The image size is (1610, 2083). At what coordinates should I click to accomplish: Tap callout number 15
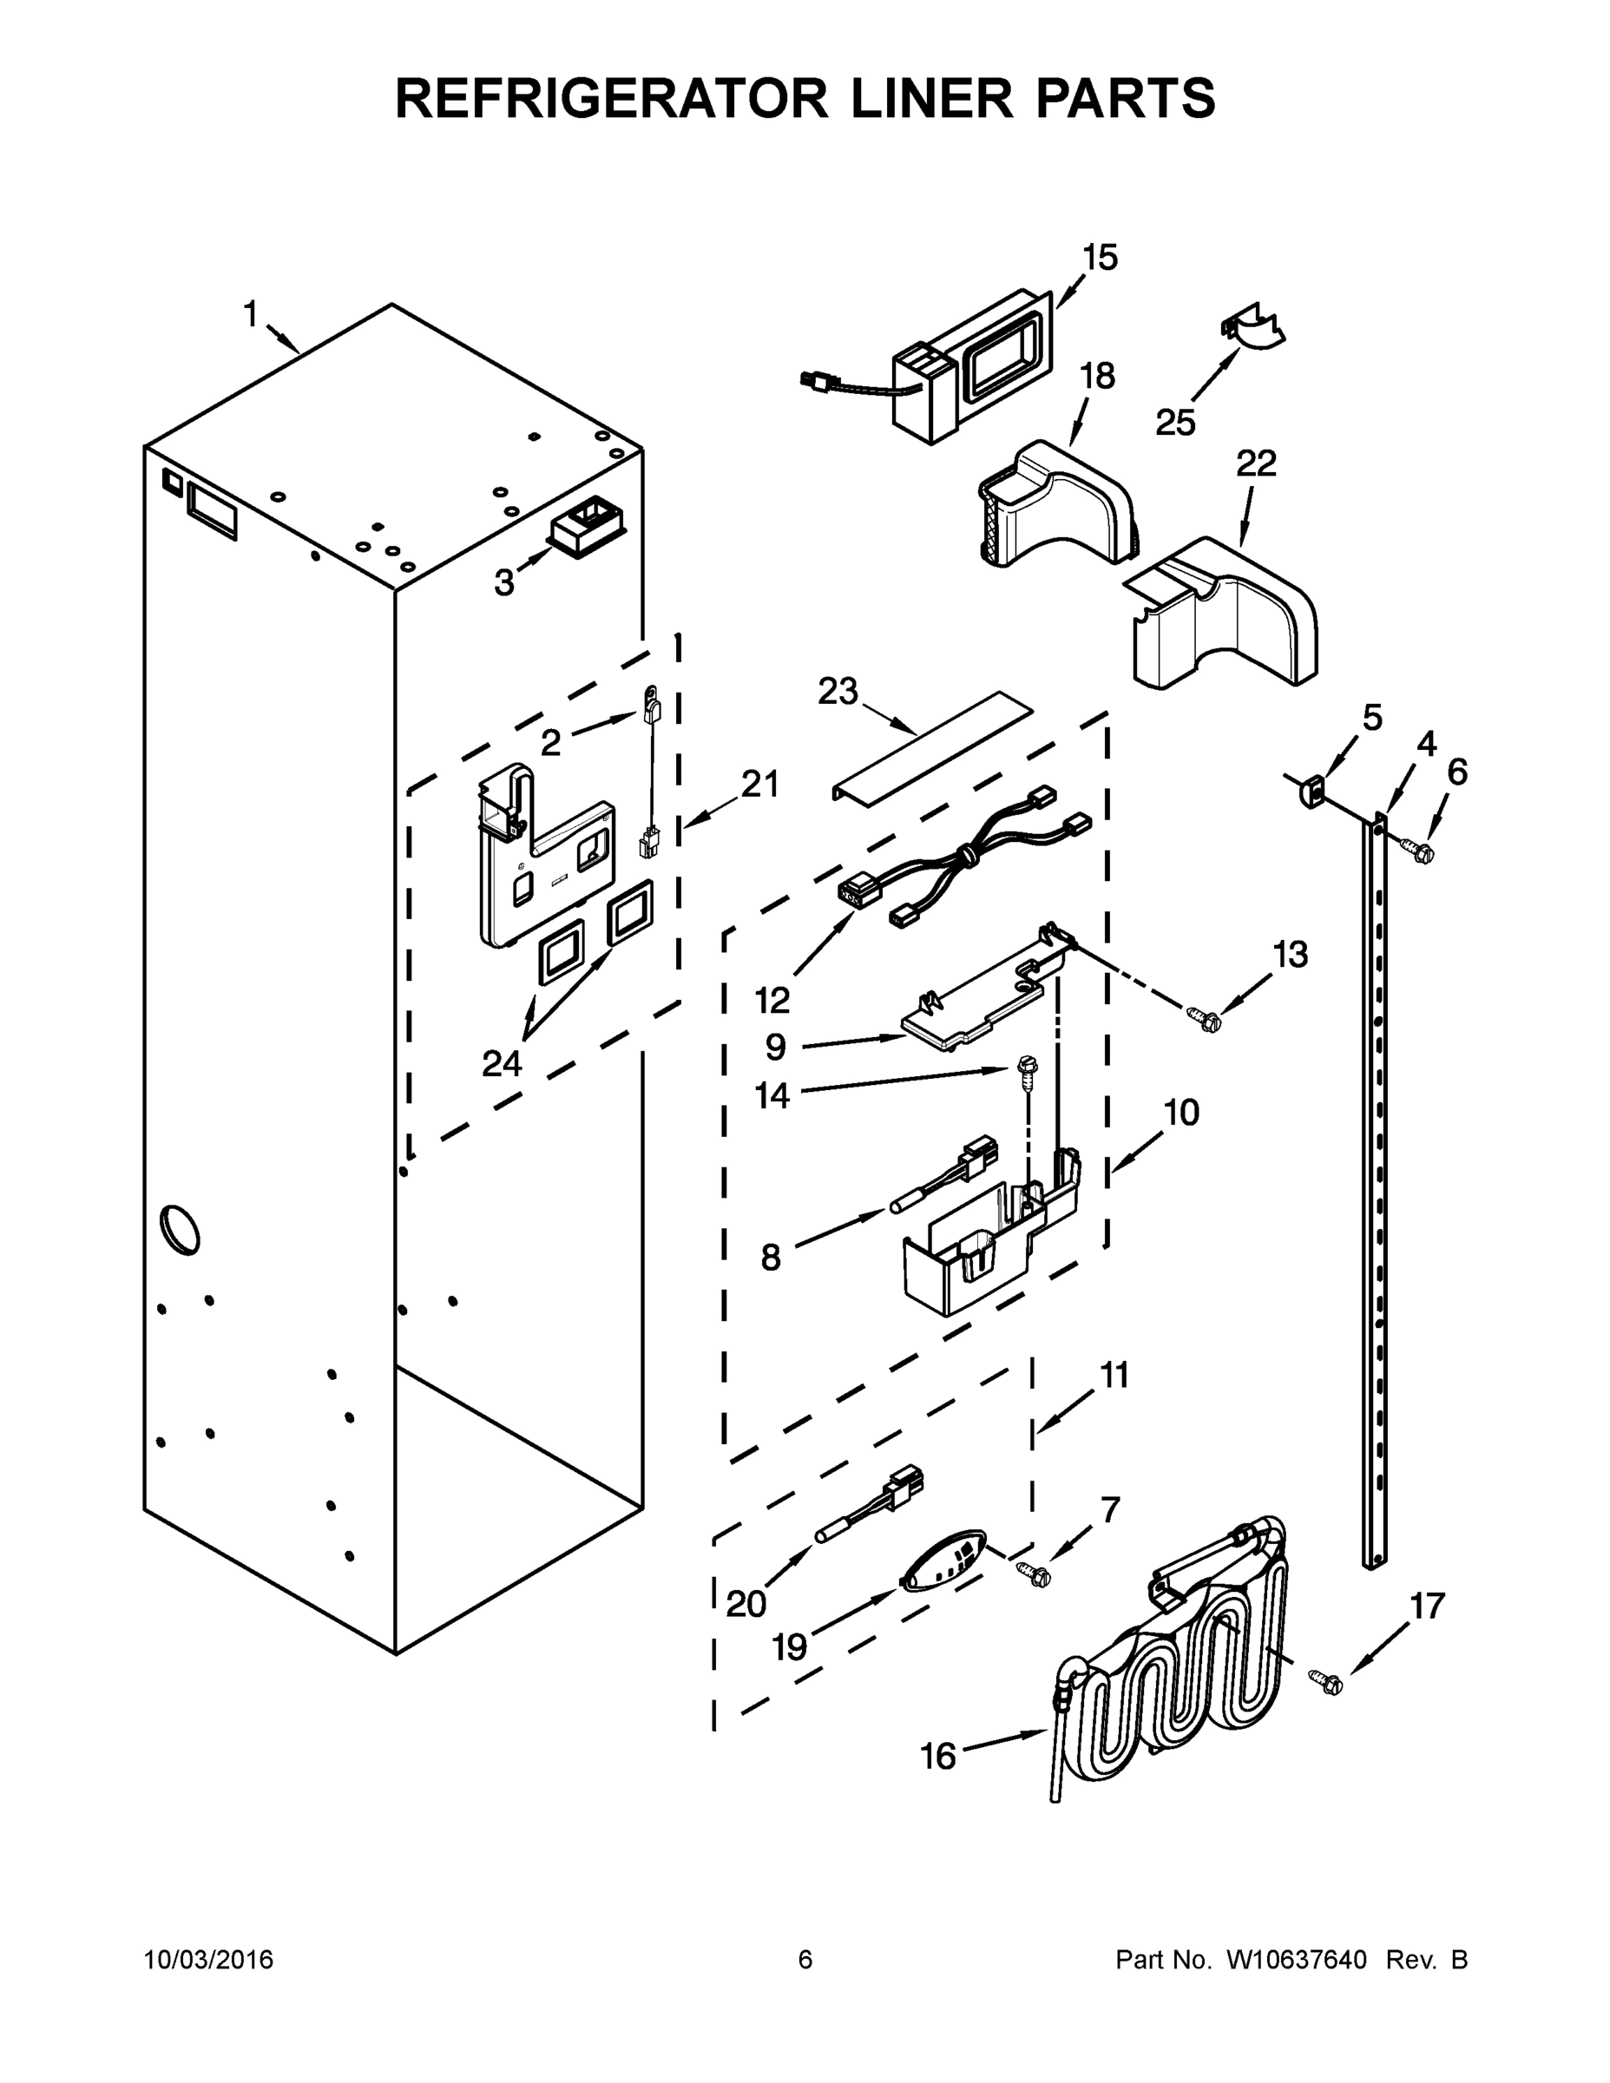(x=1099, y=258)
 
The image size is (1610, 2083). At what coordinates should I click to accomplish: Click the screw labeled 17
(x=1326, y=1682)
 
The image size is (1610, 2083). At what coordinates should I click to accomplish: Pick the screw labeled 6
(x=1418, y=848)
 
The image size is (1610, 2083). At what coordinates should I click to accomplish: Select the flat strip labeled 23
(x=933, y=744)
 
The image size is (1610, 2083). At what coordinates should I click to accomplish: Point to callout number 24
(x=502, y=1062)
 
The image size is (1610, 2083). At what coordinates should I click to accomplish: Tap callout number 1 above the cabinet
(x=251, y=314)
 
